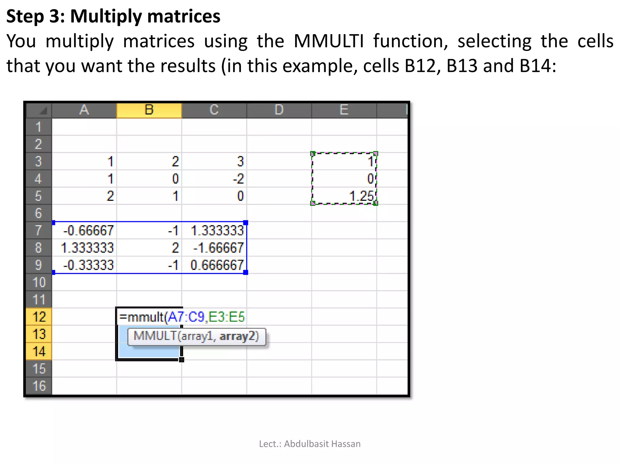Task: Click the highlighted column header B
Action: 149,110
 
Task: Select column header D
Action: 279,110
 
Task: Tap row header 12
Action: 39,317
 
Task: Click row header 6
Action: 39,213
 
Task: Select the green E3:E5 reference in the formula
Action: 226,317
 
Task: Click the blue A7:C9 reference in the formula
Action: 186,317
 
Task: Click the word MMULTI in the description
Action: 328,41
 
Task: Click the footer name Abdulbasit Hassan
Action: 322,444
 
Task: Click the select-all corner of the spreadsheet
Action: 39,110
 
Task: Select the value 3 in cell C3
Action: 240,162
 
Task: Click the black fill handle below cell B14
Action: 181,360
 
